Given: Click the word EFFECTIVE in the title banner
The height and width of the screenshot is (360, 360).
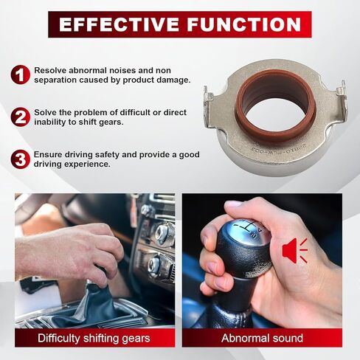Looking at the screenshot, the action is pos(119,24).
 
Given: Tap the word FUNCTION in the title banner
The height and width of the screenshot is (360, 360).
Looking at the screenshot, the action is pos(244,24).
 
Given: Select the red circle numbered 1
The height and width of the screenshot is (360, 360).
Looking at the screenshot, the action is pos(20,75).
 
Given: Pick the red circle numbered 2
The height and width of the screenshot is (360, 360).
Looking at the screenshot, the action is pos(20,117).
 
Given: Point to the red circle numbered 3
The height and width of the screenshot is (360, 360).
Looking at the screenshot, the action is pos(20,159).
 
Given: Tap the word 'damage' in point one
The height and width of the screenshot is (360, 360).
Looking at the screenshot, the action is pos(173,80).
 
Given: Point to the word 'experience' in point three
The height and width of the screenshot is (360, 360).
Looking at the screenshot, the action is pos(87,165).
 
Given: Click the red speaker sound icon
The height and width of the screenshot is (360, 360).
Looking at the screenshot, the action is pos(295,251).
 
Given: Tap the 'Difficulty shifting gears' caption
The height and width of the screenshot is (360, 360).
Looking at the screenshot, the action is pos(94,338).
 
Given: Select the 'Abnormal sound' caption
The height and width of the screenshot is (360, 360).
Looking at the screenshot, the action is pos(262,338).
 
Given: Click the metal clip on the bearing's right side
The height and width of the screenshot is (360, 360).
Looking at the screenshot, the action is pos(343,101).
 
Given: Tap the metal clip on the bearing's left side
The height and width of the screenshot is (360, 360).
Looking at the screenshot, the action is pos(208,108).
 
